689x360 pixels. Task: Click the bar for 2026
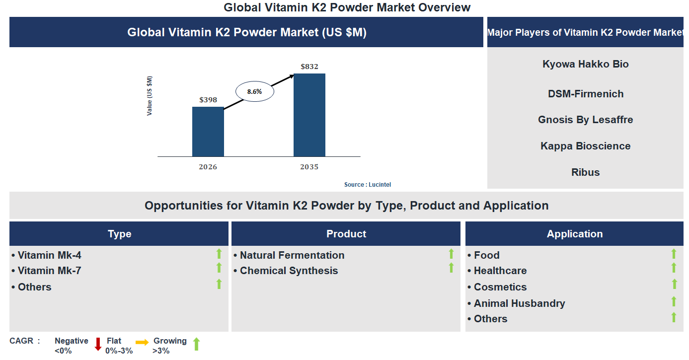208,132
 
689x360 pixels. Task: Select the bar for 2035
309,115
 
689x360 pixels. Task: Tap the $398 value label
208,100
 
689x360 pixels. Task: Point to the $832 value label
309,67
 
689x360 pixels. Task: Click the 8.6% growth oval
254,91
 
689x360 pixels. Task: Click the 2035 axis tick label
309,167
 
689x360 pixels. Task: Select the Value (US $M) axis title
150,96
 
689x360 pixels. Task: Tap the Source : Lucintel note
368,185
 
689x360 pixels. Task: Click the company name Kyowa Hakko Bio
585,64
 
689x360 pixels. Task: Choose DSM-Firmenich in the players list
585,94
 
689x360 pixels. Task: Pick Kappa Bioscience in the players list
585,146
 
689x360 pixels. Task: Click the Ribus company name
585,172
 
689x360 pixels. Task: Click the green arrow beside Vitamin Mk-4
219,254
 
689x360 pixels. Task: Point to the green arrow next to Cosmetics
674,284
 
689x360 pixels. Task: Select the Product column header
346,234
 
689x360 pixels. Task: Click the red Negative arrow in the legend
98,344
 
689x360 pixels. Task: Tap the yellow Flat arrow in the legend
142,343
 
